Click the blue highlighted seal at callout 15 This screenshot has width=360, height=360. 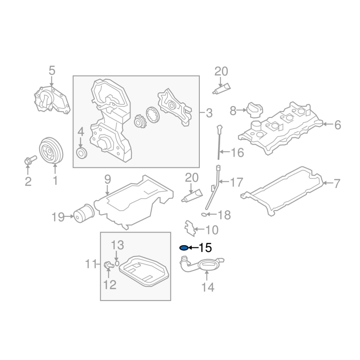(x=184, y=248)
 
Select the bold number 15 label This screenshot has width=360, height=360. (x=205, y=248)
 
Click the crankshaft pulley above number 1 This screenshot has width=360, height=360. (x=51, y=150)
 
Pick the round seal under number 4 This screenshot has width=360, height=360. (x=82, y=153)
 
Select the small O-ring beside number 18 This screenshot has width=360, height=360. (x=204, y=215)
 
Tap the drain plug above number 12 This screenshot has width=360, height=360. (x=109, y=265)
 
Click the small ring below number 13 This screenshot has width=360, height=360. (x=117, y=263)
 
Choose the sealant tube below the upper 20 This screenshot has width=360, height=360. (x=221, y=89)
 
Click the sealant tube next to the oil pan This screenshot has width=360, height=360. (x=192, y=196)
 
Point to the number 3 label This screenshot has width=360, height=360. (x=209, y=113)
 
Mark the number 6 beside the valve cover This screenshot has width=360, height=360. (x=337, y=125)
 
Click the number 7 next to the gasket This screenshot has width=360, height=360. (x=337, y=184)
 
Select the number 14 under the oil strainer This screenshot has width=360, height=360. (x=208, y=287)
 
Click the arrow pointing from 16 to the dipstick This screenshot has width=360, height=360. (x=225, y=152)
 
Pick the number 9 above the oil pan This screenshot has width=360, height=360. (x=108, y=180)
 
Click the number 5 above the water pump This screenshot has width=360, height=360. (x=52, y=71)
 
